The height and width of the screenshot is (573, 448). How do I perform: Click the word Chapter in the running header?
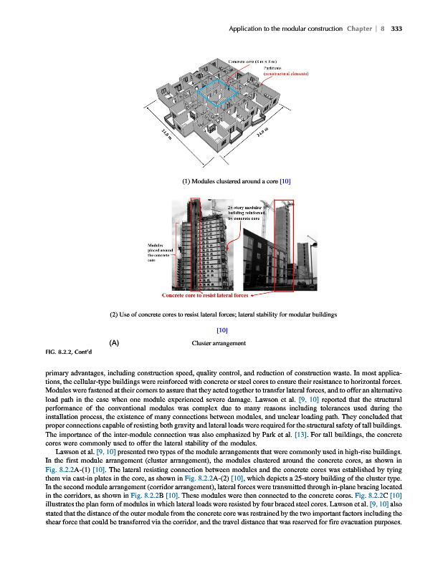click(x=362, y=29)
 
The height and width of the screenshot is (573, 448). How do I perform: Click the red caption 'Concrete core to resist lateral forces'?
click(x=205, y=295)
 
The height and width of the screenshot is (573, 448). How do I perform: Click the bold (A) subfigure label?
click(x=113, y=342)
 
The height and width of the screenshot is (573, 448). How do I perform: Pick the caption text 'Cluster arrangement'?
click(x=219, y=343)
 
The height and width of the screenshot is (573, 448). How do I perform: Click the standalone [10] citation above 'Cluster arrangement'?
click(x=221, y=330)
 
